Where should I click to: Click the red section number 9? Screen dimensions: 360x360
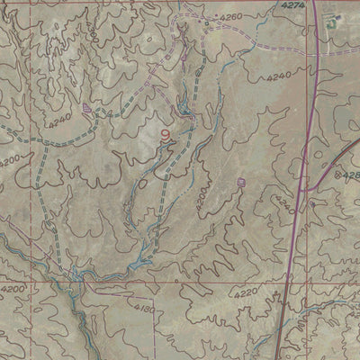pos(164,135)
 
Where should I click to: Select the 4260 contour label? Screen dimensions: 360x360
pos(231,17)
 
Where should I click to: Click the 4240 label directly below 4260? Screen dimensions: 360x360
pos(279,77)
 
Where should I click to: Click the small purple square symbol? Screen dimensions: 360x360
pos(241,182)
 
